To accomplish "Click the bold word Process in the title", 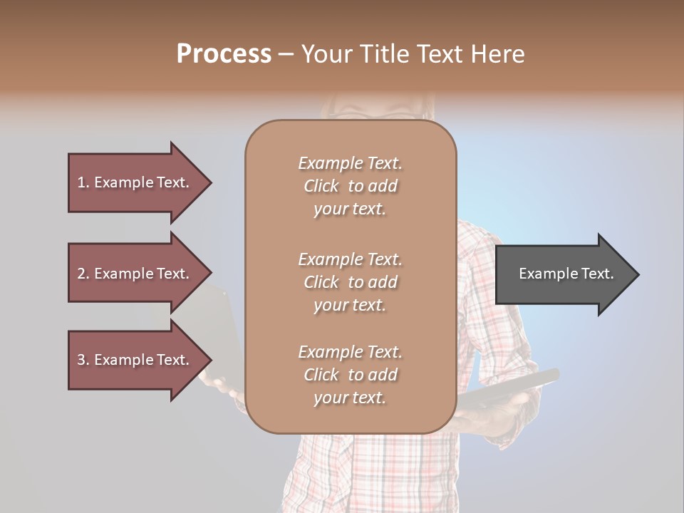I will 224,54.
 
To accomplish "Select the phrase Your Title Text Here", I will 413,54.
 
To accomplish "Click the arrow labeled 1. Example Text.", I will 133,182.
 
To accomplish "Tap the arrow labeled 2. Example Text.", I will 133,274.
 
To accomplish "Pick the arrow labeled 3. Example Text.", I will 133,360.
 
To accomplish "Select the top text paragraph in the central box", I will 350,186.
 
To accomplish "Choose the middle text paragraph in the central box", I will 350,282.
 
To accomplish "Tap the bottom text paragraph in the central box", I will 350,375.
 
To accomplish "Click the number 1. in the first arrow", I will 83,182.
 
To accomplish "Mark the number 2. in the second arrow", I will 83,274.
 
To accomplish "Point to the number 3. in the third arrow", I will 83,360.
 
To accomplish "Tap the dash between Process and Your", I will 286,55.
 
